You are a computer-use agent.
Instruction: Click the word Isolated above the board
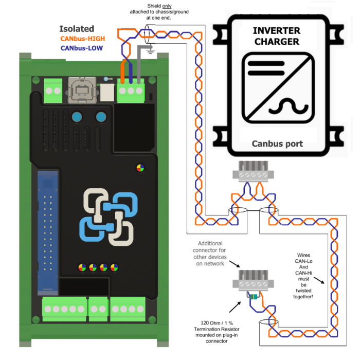pyautogui.click(x=76, y=29)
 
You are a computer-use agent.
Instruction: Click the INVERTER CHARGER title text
pyautogui.click(x=277, y=36)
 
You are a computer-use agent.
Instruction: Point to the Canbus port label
pyautogui.click(x=277, y=143)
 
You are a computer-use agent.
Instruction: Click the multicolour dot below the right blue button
pyautogui.click(x=140, y=167)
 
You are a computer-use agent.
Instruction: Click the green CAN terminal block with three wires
pyautogui.click(x=131, y=91)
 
